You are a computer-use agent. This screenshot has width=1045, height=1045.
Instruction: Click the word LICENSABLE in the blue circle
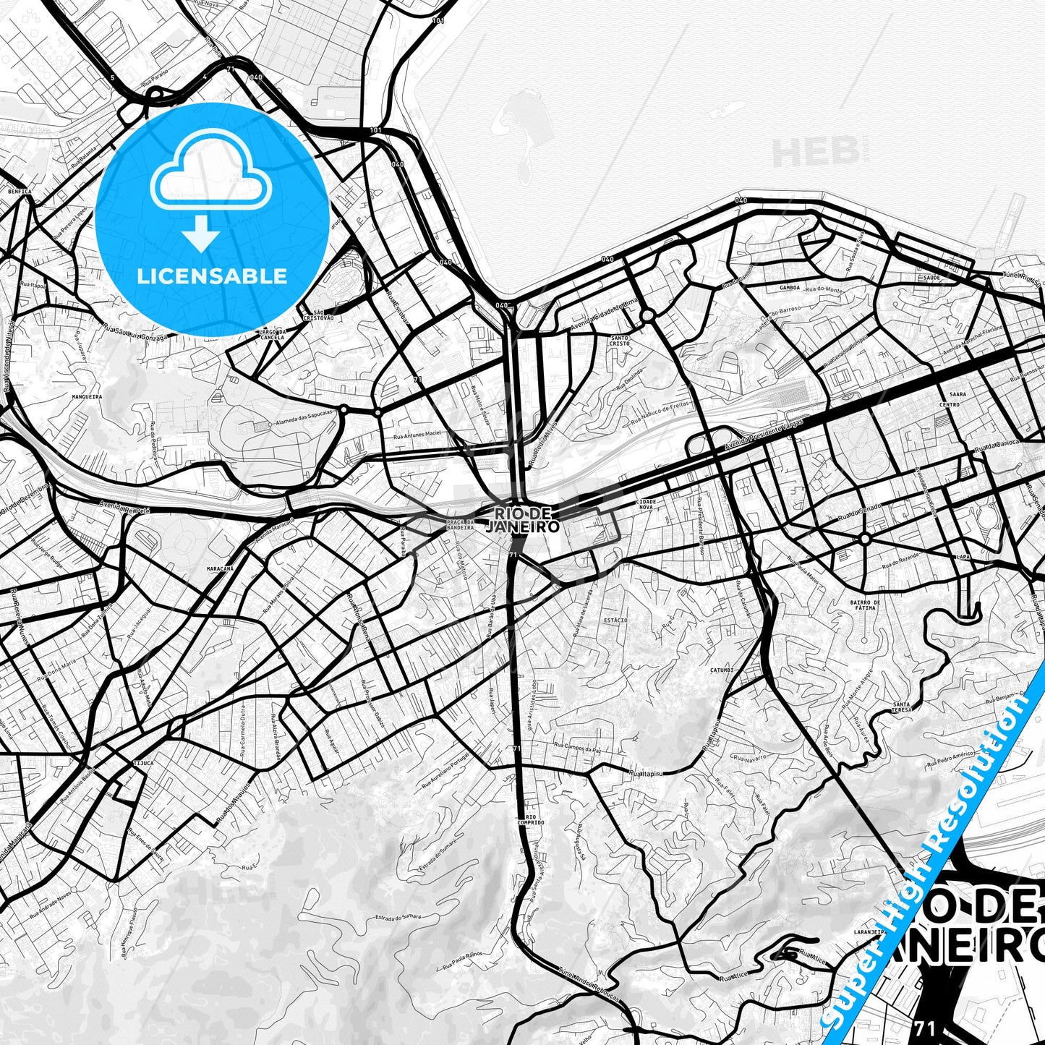(x=212, y=276)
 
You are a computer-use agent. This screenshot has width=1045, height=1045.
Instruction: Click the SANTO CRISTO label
(x=620, y=341)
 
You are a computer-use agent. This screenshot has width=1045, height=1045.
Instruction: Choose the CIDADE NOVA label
(x=646, y=504)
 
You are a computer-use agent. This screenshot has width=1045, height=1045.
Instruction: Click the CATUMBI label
(x=722, y=670)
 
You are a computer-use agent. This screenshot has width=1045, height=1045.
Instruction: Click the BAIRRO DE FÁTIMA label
(x=865, y=605)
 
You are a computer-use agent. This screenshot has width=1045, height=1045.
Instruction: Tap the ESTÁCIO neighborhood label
(x=615, y=620)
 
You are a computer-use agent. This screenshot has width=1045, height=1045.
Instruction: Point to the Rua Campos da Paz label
(x=577, y=748)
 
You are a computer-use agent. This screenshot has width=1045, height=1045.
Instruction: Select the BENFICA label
(x=20, y=192)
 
